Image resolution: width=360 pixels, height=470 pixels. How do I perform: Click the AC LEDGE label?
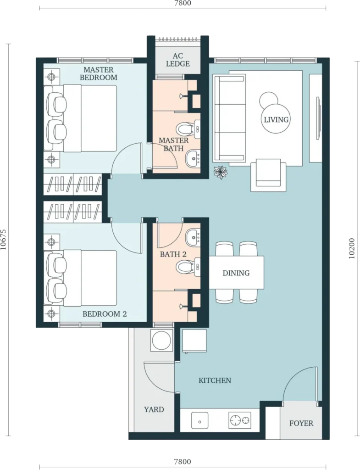177,60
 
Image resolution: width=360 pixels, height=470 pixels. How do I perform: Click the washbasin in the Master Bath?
193,158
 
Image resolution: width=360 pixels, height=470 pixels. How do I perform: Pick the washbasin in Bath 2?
193,237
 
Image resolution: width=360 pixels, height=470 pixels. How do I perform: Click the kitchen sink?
200,421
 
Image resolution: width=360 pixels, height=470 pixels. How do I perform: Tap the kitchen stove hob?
240,420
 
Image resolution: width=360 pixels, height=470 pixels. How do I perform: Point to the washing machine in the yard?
162,340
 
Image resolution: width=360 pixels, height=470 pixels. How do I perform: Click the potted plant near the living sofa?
221,172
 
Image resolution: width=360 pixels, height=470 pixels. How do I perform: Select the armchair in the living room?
268,175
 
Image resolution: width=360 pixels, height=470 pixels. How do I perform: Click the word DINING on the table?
236,273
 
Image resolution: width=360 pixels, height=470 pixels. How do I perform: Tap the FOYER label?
301,423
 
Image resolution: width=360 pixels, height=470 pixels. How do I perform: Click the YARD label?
154,409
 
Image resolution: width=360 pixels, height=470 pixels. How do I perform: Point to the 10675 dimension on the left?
4,240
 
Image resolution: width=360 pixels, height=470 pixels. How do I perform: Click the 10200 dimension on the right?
352,248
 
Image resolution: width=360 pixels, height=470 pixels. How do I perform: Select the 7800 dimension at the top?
183,3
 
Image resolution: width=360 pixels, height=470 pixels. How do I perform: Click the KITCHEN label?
215,380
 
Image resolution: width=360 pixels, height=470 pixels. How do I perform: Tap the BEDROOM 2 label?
105,314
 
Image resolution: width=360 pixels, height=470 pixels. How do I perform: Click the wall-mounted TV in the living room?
319,118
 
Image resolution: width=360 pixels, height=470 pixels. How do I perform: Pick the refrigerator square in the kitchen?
194,341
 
